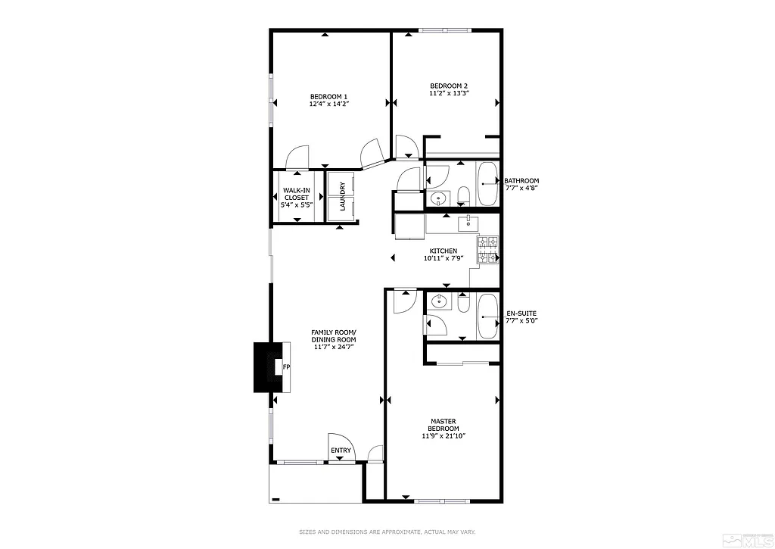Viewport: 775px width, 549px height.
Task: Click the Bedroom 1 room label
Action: pyautogui.click(x=328, y=96)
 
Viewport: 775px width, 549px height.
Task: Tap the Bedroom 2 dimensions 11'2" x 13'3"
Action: pyautogui.click(x=449, y=93)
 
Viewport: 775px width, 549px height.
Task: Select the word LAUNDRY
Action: pyautogui.click(x=343, y=196)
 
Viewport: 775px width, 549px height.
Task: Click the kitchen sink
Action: pyautogui.click(x=468, y=221)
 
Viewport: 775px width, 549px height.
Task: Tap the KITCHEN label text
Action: pyautogui.click(x=443, y=251)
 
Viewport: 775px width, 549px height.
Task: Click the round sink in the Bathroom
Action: pyautogui.click(x=438, y=199)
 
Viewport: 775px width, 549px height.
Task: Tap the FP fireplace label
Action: pyautogui.click(x=285, y=368)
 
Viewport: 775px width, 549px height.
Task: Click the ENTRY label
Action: pyautogui.click(x=341, y=451)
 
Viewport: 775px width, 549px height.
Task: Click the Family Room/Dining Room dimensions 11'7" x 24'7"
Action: pyautogui.click(x=333, y=340)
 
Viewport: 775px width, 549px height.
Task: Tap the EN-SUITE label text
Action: pyautogui.click(x=521, y=313)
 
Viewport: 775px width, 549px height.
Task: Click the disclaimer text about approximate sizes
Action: pyautogui.click(x=387, y=532)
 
